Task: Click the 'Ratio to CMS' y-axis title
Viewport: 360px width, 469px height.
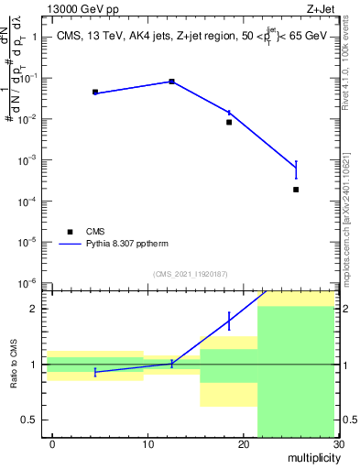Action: pyautogui.click(x=13, y=364)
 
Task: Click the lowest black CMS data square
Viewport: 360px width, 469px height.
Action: pyautogui.click(x=296, y=190)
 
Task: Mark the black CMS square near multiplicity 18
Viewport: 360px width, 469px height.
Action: pyautogui.click(x=229, y=122)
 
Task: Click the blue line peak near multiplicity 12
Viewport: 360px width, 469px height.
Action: pyautogui.click(x=171, y=82)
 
